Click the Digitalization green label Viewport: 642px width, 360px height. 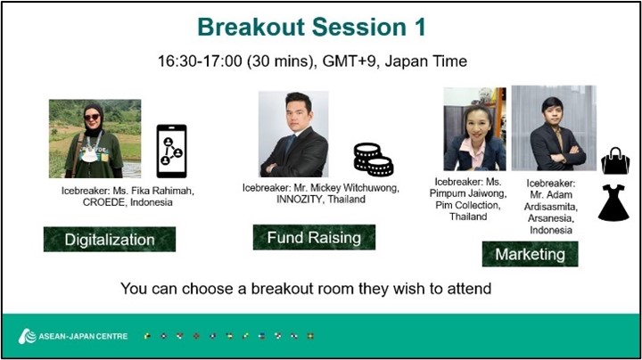[110, 240]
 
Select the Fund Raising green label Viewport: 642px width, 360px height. [314, 237]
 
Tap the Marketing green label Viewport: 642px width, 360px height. [531, 254]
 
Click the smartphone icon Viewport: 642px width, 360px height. [171, 151]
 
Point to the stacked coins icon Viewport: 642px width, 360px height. [374, 160]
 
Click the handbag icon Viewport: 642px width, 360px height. [615, 160]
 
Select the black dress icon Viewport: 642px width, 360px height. [613, 203]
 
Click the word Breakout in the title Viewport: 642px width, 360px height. [251, 27]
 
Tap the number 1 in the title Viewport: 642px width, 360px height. [421, 27]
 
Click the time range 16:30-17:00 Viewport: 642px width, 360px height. [200, 61]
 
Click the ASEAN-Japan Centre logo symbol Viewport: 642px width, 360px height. [27, 336]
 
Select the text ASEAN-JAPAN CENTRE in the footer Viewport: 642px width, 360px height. [83, 336]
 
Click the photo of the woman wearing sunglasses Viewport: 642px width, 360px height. [95, 139]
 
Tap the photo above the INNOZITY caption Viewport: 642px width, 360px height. [293, 134]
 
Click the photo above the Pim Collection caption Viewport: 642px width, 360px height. [475, 129]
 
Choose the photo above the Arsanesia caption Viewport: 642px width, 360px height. [554, 127]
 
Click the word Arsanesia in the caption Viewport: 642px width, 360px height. [549, 218]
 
